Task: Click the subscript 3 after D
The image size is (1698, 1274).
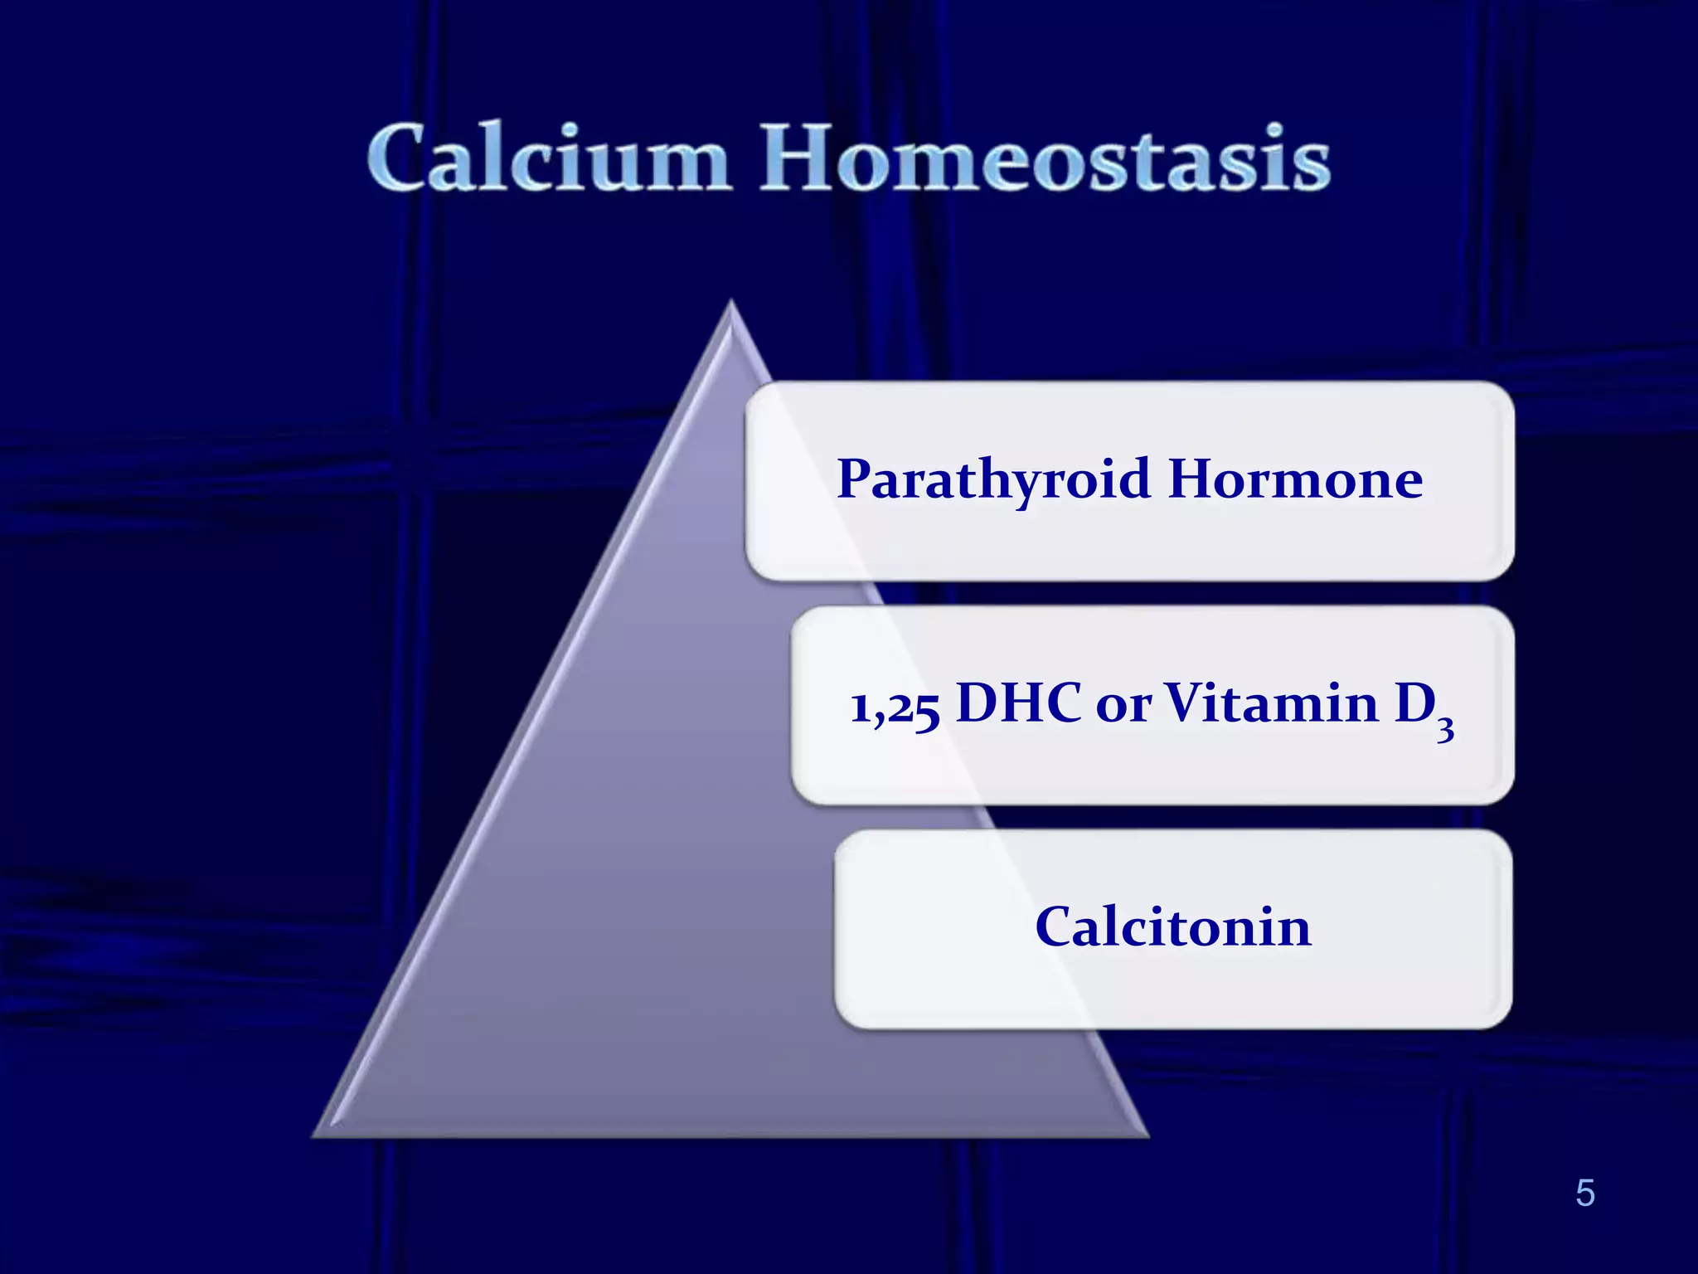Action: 1445,729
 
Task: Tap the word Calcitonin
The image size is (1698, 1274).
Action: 1172,927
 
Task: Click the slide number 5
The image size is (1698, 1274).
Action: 1584,1194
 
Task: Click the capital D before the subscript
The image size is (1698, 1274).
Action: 1414,703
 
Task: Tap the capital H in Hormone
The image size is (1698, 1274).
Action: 1194,479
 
